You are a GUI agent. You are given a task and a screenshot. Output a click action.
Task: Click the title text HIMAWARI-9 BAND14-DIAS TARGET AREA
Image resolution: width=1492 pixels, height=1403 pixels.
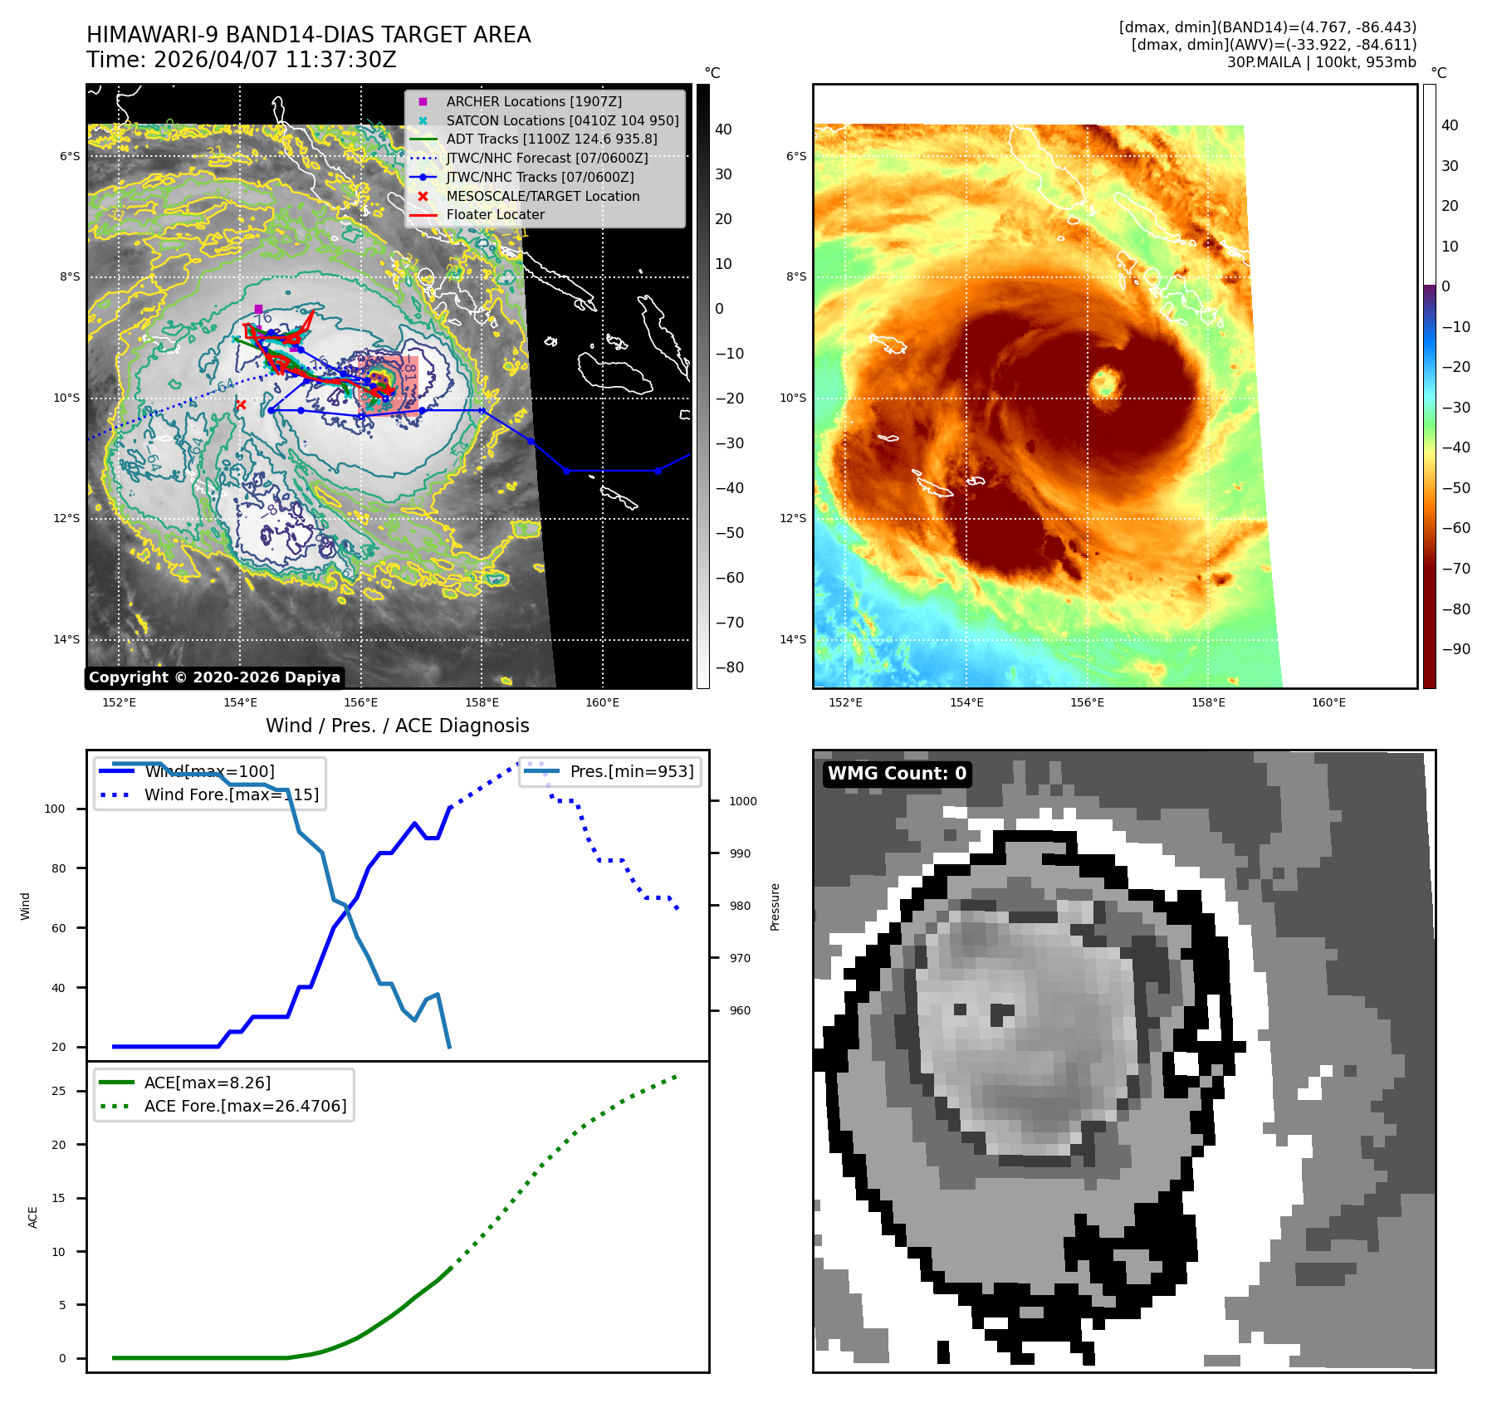coord(308,35)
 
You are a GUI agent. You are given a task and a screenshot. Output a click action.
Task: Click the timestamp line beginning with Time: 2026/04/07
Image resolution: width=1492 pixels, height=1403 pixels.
coord(241,60)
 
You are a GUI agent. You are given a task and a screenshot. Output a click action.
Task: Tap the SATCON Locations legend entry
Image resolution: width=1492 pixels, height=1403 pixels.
coord(561,120)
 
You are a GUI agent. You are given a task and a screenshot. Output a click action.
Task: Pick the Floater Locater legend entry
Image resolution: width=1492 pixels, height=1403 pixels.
coord(495,214)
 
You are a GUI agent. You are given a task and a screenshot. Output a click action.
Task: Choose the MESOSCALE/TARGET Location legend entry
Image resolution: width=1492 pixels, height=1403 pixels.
coord(542,196)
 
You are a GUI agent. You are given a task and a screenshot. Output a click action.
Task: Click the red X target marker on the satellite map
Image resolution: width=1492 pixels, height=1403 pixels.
coord(241,405)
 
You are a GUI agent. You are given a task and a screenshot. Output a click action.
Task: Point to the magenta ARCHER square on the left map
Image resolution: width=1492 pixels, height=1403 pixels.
coord(258,309)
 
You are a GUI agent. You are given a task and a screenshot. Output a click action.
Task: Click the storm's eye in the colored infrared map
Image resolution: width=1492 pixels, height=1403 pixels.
coord(1105,383)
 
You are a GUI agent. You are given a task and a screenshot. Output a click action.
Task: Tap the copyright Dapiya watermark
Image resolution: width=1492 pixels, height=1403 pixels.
coord(214,677)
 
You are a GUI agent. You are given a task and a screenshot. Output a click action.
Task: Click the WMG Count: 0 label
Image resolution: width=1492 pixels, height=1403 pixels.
coord(897,774)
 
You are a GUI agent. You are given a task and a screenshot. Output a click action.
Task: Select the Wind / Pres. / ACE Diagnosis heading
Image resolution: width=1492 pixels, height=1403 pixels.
coord(397,726)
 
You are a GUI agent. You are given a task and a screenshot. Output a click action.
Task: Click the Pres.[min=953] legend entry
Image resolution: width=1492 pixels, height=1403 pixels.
coord(631,771)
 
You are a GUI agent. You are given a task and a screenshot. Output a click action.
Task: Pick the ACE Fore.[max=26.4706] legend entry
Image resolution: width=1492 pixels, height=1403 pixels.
coord(245,1106)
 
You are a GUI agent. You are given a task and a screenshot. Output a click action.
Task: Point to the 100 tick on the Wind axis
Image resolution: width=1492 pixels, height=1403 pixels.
coord(55,809)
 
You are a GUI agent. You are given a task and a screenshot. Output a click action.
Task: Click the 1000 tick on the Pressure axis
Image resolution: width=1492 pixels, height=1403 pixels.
coord(742,801)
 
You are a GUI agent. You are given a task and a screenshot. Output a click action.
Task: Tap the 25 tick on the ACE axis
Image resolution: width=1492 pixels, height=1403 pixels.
coord(58,1091)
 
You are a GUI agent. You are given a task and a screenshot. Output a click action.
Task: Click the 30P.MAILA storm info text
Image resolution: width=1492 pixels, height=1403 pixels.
coord(1321,62)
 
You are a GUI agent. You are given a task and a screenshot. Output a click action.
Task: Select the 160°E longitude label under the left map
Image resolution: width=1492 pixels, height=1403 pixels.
coord(602,702)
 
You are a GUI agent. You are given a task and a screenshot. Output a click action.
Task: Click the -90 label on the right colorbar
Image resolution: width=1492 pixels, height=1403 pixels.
coord(1455,649)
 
